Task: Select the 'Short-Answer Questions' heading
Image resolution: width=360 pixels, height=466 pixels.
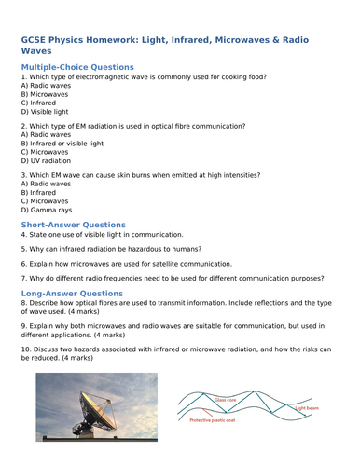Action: (73, 225)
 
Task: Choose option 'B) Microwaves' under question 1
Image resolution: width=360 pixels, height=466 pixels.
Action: (44, 94)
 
